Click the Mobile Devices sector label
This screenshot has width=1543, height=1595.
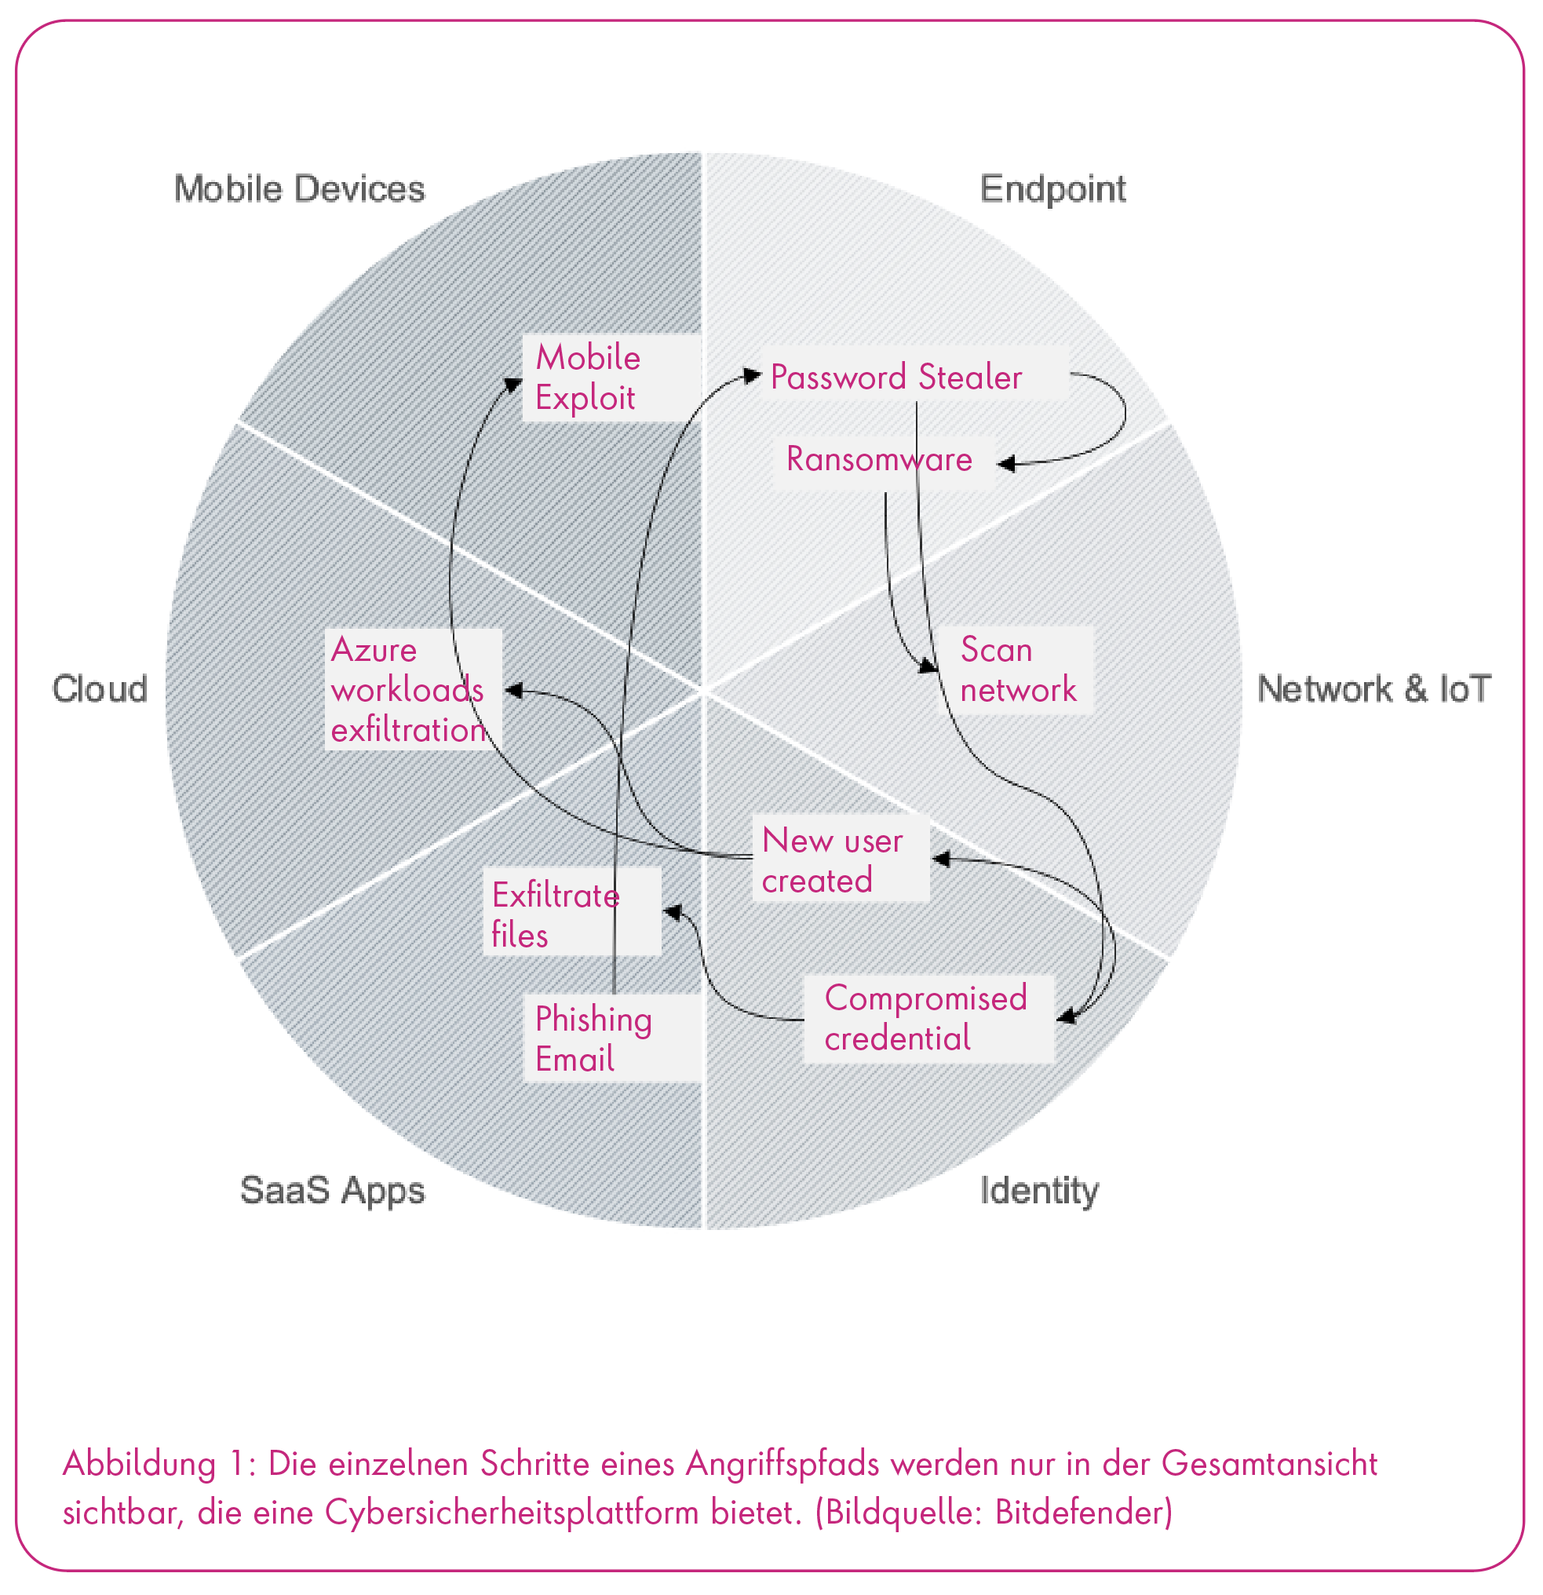point(300,189)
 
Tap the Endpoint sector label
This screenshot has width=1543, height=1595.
point(1052,189)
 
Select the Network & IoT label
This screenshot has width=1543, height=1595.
point(1373,689)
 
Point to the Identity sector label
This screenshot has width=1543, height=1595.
point(1038,1191)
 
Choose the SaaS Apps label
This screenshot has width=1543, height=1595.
point(332,1191)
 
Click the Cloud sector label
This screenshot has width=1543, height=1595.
point(100,689)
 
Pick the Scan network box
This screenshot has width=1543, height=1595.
point(1016,670)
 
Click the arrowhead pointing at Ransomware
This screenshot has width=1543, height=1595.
point(1007,464)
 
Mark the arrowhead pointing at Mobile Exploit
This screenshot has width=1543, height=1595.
point(513,383)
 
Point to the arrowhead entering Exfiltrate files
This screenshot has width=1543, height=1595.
point(672,912)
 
